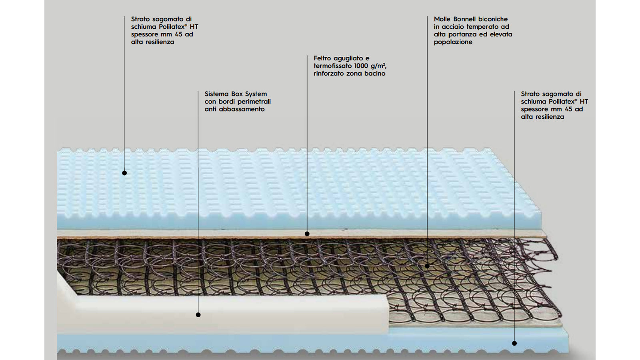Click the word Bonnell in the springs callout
466,19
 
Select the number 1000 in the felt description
362,66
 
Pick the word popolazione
453,42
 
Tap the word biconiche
494,19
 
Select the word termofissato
332,66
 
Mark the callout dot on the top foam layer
124,173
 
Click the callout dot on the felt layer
307,234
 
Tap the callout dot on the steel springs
427,266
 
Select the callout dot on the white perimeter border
198,315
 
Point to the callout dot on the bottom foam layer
514,343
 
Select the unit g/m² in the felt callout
378,66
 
